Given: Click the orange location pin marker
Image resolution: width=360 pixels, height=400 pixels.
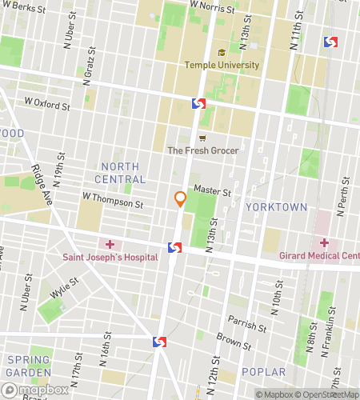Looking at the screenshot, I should pyautogui.click(x=181, y=200).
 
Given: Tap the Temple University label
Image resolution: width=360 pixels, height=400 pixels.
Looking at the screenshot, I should pyautogui.click(x=222, y=65).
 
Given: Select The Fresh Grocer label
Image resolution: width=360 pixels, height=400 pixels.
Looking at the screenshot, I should pyautogui.click(x=203, y=150).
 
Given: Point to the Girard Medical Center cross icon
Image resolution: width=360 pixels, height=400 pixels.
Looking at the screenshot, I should pyautogui.click(x=324, y=242).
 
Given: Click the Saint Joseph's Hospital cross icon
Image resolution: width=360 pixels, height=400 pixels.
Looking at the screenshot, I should pyautogui.click(x=110, y=243).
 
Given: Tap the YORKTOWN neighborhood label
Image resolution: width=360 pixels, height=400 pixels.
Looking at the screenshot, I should pyautogui.click(x=276, y=206).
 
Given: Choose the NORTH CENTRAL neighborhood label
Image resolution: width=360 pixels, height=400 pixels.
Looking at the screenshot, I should pyautogui.click(x=121, y=173).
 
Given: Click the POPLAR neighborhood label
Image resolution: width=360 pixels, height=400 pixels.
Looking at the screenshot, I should pyautogui.click(x=263, y=372).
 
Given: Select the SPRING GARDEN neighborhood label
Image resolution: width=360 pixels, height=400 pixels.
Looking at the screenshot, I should pyautogui.click(x=30, y=366).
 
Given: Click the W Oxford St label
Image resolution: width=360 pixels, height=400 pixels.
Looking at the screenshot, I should pyautogui.click(x=50, y=102).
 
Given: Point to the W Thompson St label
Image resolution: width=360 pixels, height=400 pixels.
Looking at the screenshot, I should pyautogui.click(x=111, y=200).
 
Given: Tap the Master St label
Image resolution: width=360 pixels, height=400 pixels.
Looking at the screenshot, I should pyautogui.click(x=212, y=191).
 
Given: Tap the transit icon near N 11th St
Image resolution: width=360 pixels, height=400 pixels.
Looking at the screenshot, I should pyautogui.click(x=330, y=42).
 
